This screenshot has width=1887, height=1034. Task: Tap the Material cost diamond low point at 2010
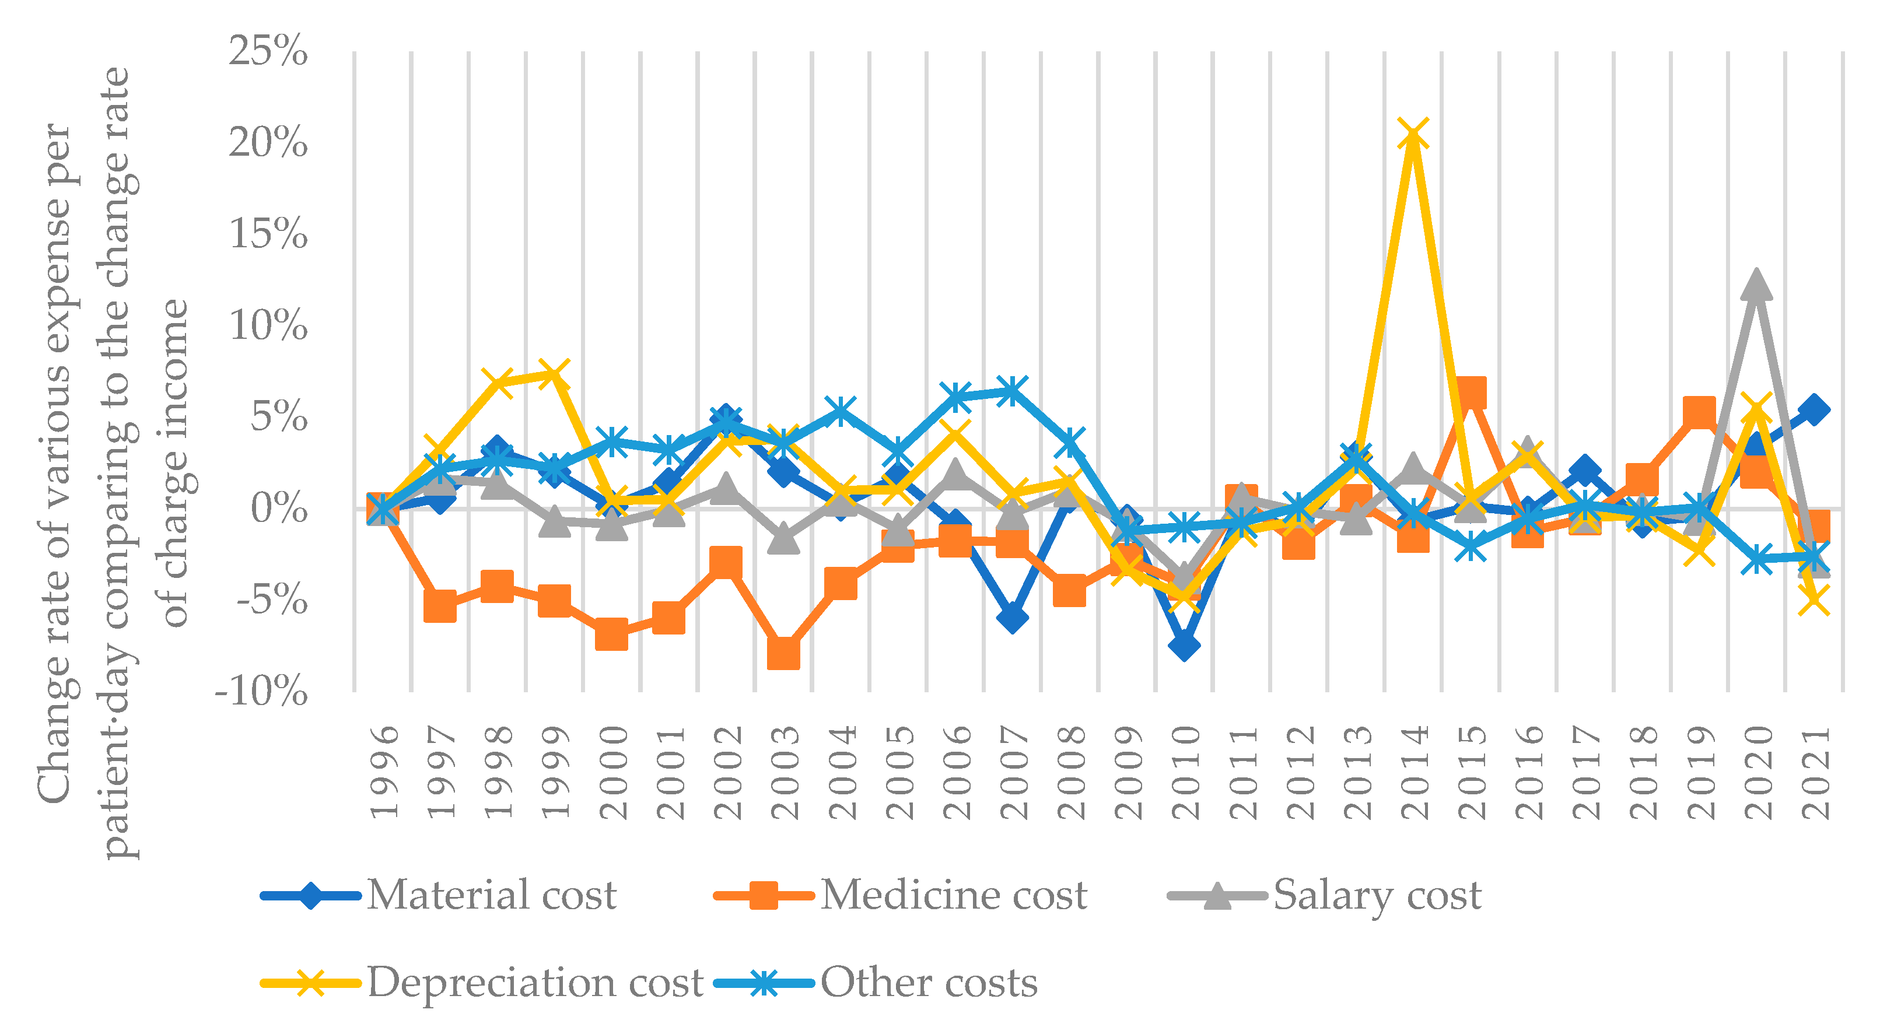tap(1185, 646)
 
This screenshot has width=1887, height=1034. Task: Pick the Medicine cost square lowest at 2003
tap(783, 652)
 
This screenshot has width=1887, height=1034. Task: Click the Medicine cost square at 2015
tap(1470, 392)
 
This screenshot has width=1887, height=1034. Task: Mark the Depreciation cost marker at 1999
tap(555, 375)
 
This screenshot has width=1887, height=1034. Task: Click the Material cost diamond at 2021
tap(1814, 410)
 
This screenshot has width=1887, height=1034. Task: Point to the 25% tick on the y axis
tap(268, 51)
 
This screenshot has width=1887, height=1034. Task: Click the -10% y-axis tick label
tap(261, 691)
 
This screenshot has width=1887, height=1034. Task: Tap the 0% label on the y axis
tap(278, 508)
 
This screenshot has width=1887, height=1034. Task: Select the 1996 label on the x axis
tap(384, 773)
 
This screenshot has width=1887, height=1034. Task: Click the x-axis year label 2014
tap(1415, 773)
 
